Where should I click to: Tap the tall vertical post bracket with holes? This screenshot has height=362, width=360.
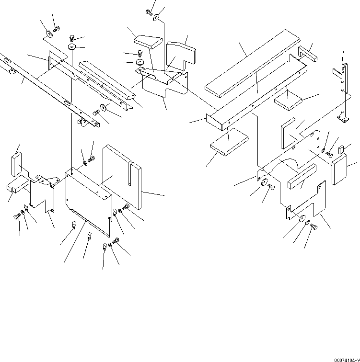[342, 91]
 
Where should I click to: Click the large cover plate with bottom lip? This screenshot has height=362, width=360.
[89, 201]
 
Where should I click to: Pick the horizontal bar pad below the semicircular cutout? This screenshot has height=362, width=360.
[302, 176]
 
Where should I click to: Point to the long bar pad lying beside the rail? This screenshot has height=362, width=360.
[106, 79]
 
